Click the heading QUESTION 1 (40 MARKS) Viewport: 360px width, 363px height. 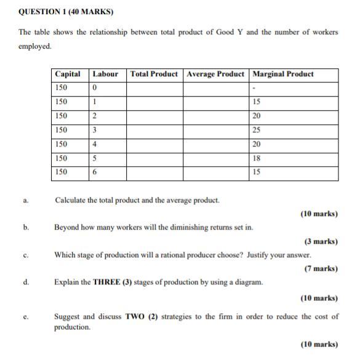click(x=58, y=12)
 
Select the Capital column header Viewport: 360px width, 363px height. click(x=68, y=74)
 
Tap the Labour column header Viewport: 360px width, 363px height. click(x=105, y=74)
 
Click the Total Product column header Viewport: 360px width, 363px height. click(x=154, y=74)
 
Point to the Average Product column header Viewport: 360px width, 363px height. click(x=215, y=74)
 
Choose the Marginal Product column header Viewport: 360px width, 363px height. click(x=283, y=74)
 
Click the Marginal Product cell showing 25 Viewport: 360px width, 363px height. click(x=257, y=130)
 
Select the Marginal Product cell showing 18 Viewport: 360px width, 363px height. click(x=257, y=158)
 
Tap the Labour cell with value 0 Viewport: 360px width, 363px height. click(x=95, y=88)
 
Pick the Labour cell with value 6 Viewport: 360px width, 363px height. click(x=95, y=172)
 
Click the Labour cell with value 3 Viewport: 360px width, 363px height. click(x=95, y=130)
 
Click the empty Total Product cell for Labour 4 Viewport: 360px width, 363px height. click(x=154, y=144)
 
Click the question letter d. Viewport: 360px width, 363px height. click(x=26, y=282)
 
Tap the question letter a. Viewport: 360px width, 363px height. click(x=26, y=201)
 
